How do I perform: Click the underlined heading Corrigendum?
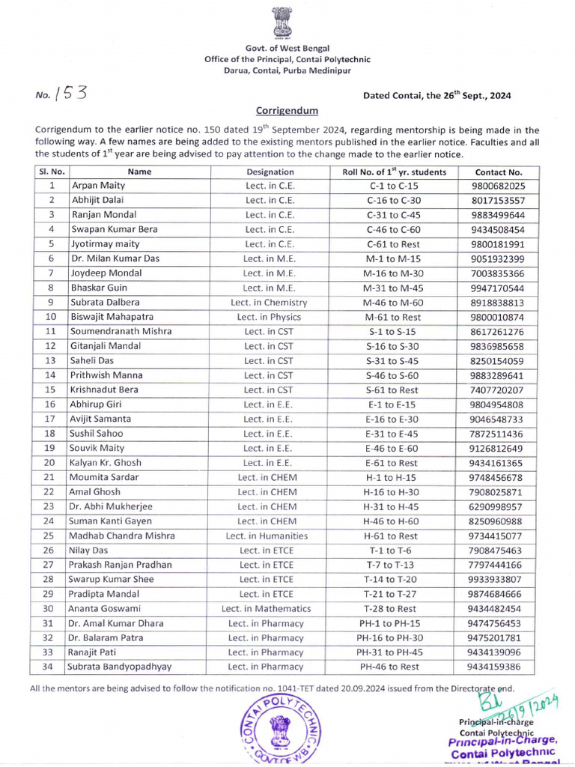287,110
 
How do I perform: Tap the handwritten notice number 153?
72,94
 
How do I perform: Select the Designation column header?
270,172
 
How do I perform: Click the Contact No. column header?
499,172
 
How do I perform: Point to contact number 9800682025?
499,186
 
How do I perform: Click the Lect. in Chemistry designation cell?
270,303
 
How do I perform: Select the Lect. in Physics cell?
270,317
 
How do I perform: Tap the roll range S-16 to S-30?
392,346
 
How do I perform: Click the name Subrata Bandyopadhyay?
119,667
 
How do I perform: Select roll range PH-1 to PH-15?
392,623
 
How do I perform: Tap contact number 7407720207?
499,390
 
